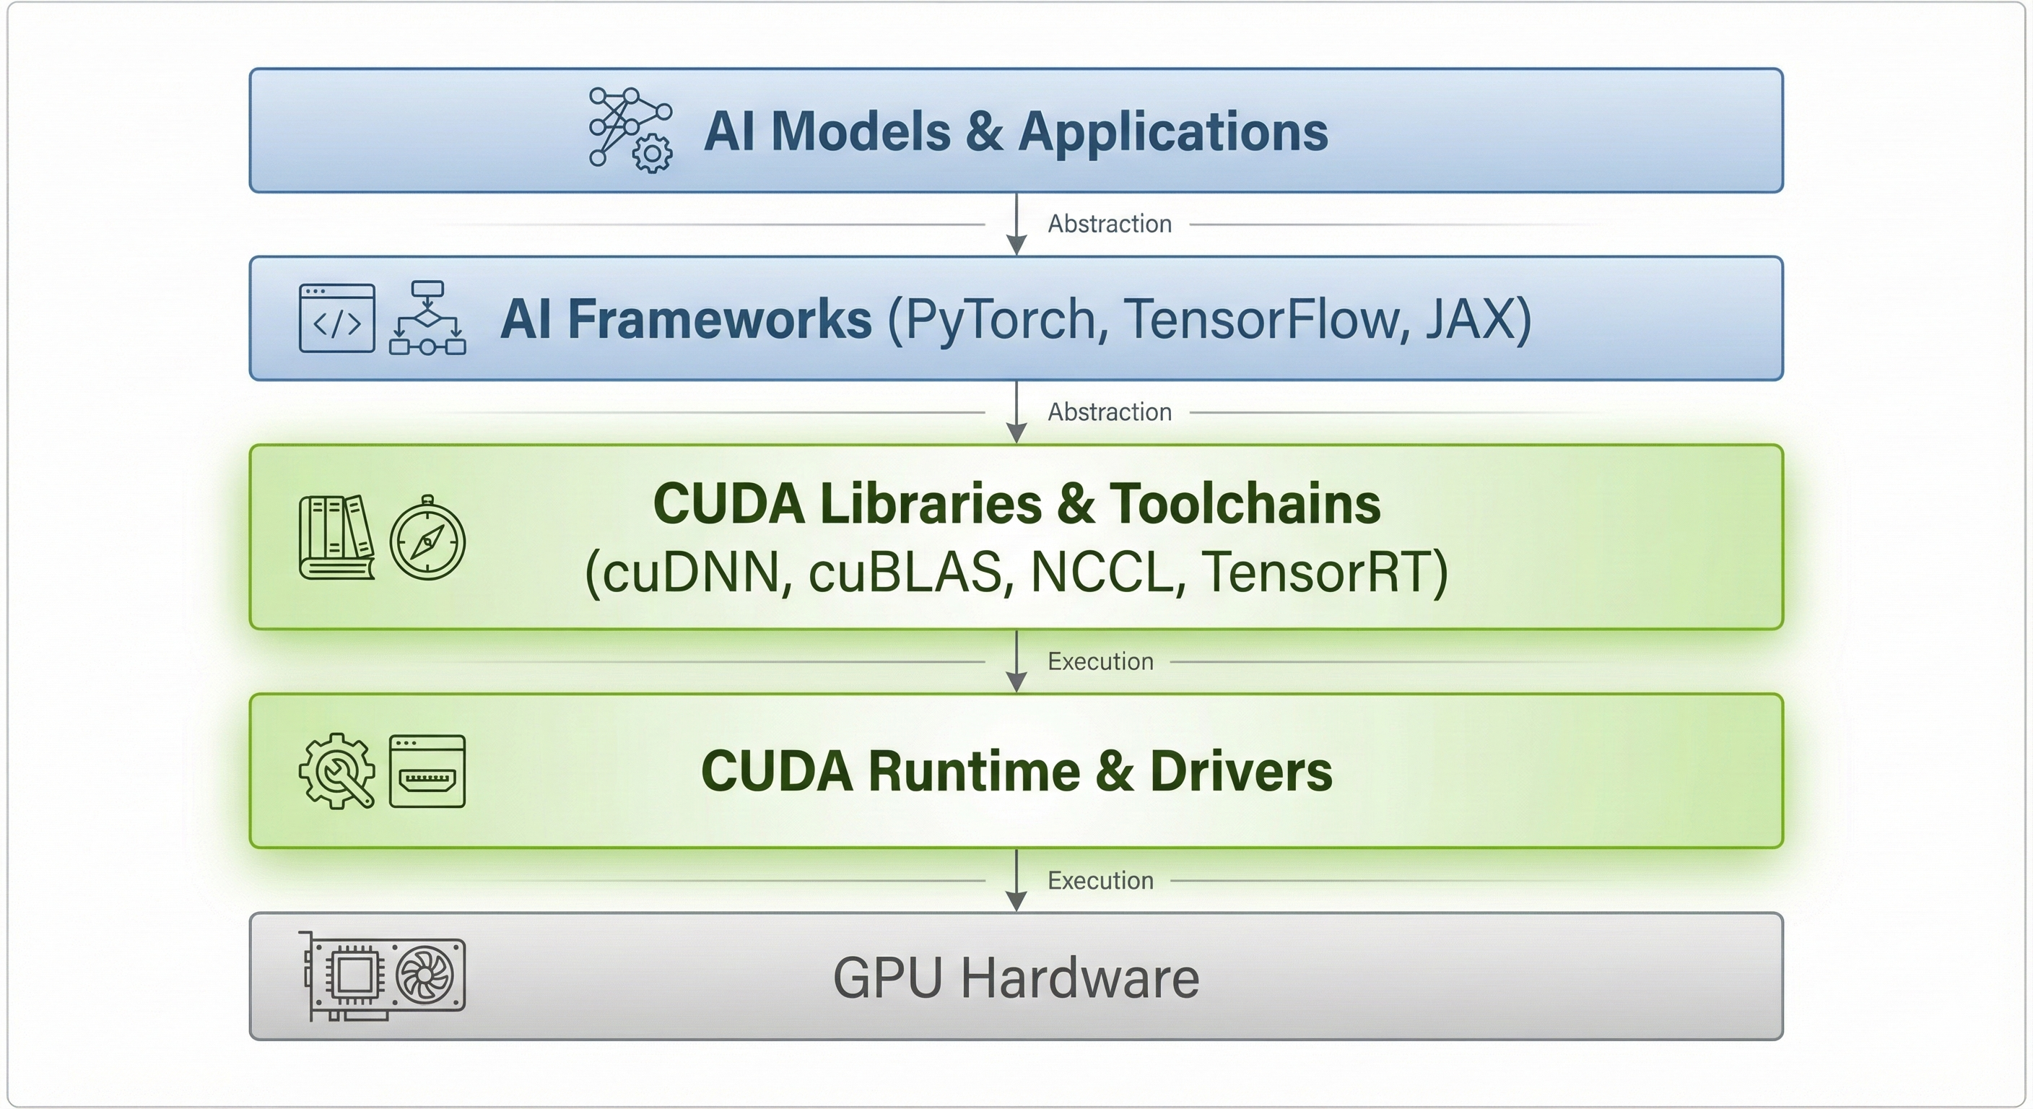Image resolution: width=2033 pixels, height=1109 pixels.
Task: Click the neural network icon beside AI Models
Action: tap(630, 130)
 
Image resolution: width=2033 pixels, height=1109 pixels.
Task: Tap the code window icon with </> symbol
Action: tap(337, 319)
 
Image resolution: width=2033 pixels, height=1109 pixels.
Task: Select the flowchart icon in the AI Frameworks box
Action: tap(427, 319)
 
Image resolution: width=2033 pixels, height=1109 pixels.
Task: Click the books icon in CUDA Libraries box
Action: tap(336, 537)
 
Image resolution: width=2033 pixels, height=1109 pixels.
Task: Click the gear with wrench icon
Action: tap(337, 770)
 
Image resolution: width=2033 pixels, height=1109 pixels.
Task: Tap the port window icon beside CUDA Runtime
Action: tap(427, 771)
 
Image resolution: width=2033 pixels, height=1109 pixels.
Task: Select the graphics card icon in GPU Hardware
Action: tap(383, 975)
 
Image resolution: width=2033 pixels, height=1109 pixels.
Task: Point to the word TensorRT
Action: tap(1316, 572)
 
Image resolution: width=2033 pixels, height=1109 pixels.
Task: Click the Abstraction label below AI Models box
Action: tap(1109, 224)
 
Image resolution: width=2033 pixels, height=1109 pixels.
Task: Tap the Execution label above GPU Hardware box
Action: tap(1100, 880)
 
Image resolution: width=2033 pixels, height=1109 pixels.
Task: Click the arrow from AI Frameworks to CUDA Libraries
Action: tap(1016, 412)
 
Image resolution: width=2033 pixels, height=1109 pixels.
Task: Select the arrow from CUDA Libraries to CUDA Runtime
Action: tap(1016, 661)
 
